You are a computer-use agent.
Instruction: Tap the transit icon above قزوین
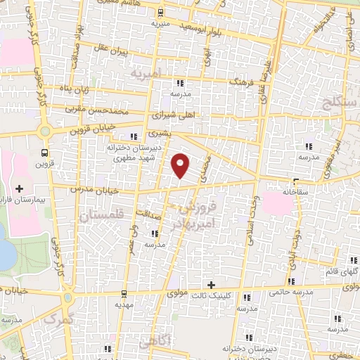click(45, 153)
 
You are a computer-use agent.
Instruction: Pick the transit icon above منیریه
click(161, 12)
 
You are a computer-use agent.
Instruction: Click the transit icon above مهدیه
click(124, 293)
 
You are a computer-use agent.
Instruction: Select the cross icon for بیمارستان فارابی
click(19, 189)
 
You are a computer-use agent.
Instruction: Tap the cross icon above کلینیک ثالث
click(210, 283)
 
